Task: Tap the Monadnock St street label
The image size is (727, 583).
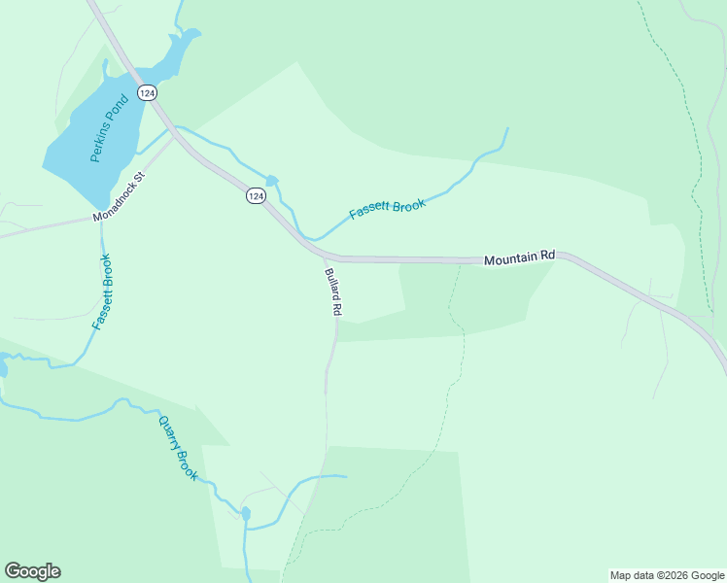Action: pyautogui.click(x=119, y=197)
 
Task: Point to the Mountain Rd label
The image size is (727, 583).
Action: pyautogui.click(x=519, y=258)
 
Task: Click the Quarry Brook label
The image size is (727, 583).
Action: pyautogui.click(x=178, y=447)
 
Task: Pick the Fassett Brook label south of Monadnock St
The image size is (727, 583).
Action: pyautogui.click(x=101, y=291)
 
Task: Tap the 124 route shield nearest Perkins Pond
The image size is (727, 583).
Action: pyautogui.click(x=147, y=92)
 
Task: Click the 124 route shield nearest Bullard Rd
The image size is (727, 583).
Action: pyautogui.click(x=255, y=195)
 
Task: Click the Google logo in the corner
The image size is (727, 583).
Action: pyautogui.click(x=32, y=571)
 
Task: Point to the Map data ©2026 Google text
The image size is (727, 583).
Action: pyautogui.click(x=668, y=575)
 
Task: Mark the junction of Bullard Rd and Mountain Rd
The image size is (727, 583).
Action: pyautogui.click(x=324, y=257)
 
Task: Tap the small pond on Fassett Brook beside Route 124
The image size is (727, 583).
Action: pyautogui.click(x=272, y=181)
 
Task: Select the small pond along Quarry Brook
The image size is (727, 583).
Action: pyautogui.click(x=246, y=512)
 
